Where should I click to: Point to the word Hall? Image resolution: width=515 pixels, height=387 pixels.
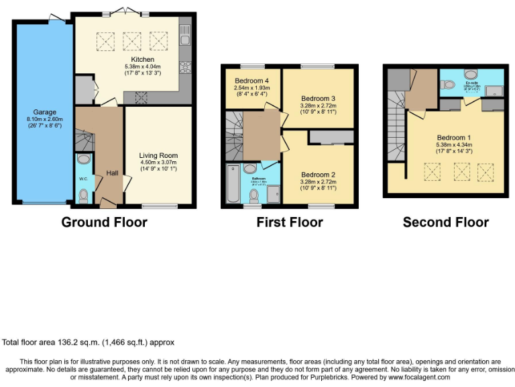pyautogui.click(x=112, y=173)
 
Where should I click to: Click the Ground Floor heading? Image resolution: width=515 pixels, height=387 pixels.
pyautogui.click(x=104, y=222)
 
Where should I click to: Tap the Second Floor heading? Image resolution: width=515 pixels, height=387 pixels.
pyautogui.click(x=445, y=222)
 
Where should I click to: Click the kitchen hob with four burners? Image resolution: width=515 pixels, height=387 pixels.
pyautogui.click(x=184, y=67)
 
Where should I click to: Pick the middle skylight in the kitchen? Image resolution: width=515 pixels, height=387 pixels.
pyautogui.click(x=132, y=42)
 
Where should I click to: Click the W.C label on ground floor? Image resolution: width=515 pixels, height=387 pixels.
pyautogui.click(x=82, y=179)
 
